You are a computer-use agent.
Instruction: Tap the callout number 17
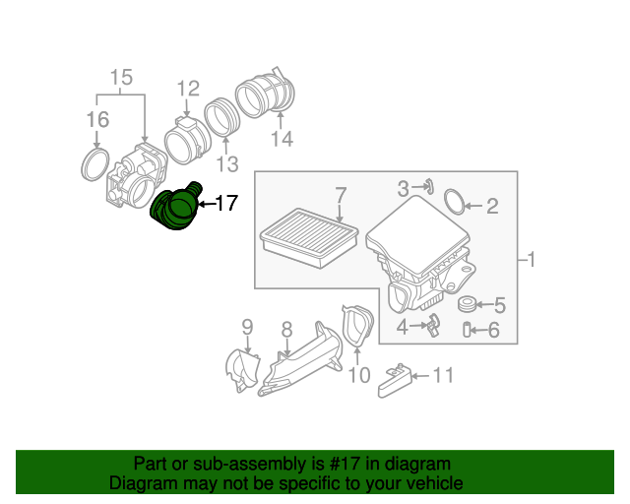225,204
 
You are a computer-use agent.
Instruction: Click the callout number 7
341,194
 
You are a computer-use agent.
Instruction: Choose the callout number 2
492,206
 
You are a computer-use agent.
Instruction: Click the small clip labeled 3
430,185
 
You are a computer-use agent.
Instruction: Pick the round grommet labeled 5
469,304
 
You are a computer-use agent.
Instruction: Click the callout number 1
531,260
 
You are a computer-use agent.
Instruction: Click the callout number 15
120,77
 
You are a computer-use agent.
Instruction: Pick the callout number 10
358,375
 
